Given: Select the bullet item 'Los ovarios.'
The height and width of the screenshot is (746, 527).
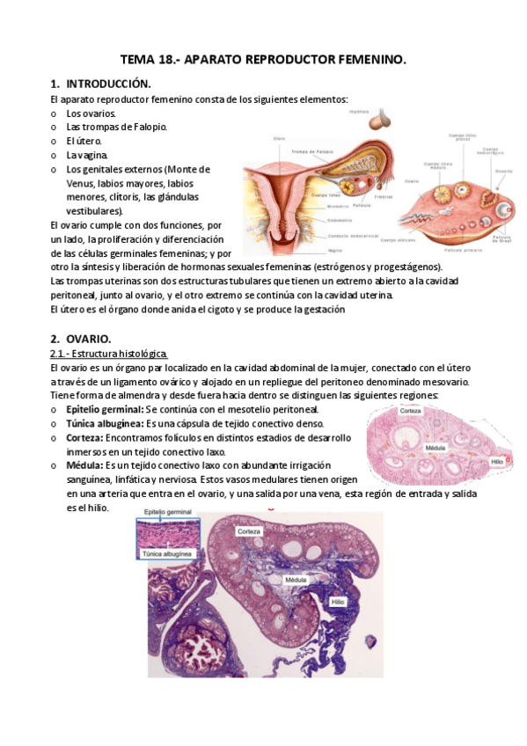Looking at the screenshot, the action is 90,113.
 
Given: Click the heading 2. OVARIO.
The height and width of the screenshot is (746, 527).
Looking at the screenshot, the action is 80,338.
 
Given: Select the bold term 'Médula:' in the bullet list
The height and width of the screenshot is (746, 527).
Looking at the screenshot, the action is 84,464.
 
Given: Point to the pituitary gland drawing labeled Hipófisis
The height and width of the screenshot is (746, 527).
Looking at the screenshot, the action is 381,119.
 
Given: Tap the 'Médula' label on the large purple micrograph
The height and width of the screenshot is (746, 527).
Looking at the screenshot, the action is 296,581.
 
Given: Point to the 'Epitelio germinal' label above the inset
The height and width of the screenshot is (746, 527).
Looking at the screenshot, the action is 168,510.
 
